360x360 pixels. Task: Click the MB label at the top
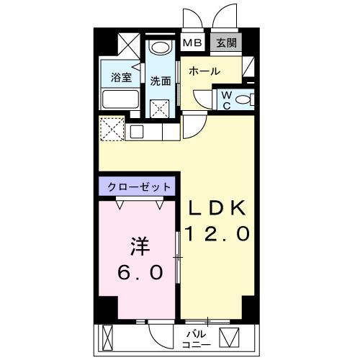point(192,42)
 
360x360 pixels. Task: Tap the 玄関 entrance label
point(226,42)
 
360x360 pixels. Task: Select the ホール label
point(204,72)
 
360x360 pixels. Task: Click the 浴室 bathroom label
point(120,76)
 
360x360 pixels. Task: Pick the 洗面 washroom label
point(161,81)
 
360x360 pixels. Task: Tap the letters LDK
point(219,208)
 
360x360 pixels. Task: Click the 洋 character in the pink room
point(140,247)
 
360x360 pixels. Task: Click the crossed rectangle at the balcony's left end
point(109,336)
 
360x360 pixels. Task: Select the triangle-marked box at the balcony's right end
point(232,337)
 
